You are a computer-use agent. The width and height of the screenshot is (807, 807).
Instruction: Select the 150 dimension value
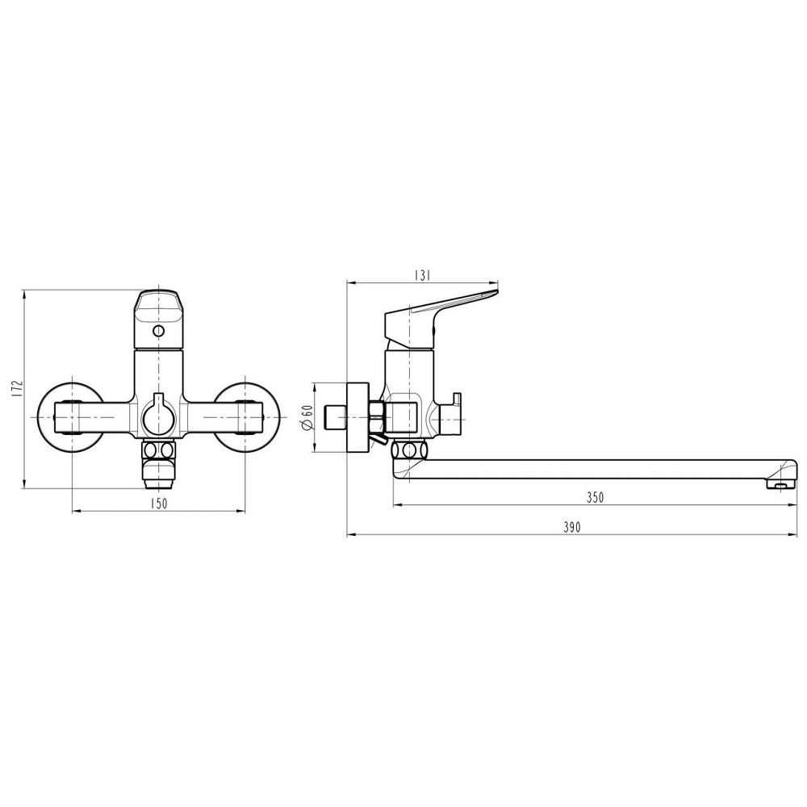pos(158,504)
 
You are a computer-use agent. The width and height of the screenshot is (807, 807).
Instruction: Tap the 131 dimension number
pos(421,275)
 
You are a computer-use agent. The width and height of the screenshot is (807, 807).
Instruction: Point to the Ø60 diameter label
pos(307,418)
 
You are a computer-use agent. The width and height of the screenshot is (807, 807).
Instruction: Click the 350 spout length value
pos(595,498)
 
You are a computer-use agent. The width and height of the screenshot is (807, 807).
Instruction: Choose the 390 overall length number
pos(571,527)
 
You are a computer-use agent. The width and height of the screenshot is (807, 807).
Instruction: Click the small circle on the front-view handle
pos(158,332)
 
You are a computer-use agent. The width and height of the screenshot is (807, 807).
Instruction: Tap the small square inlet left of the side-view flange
pos(332,418)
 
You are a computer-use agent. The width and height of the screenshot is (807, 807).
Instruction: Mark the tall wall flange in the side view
pos(355,418)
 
